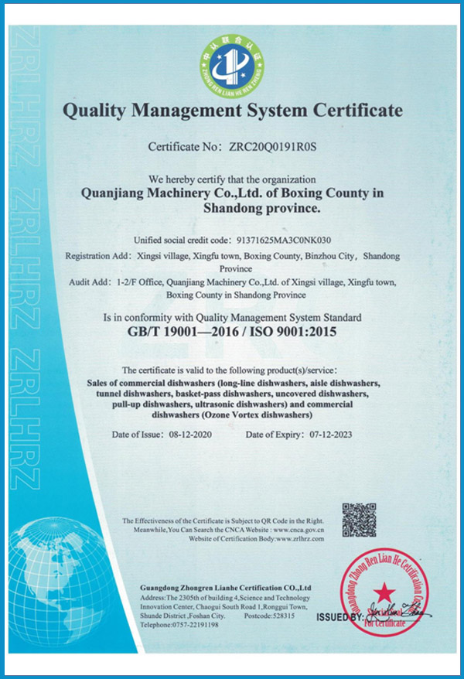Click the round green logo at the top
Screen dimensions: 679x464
231,64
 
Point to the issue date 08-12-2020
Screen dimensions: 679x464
190,435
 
